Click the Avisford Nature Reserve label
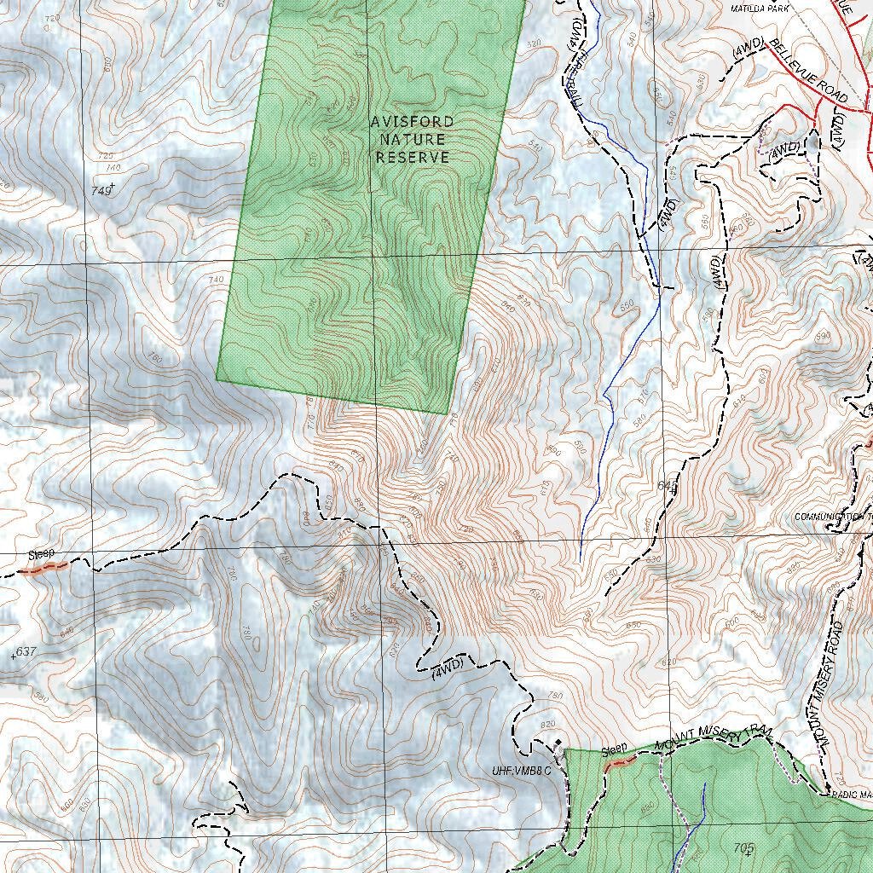(x=413, y=140)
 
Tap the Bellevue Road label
(x=807, y=72)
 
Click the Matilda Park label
(x=760, y=8)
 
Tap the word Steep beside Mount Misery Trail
(x=614, y=751)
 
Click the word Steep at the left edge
(x=41, y=554)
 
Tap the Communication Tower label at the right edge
(x=832, y=517)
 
